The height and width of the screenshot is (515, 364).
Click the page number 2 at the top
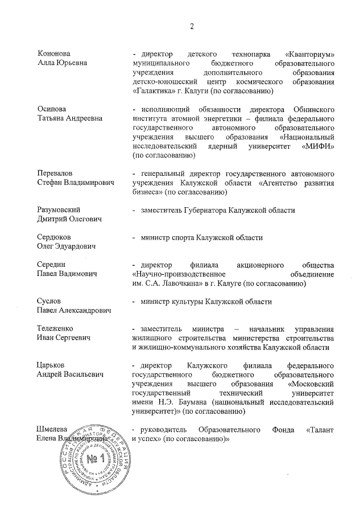point(192,26)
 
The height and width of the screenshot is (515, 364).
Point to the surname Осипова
point(50,109)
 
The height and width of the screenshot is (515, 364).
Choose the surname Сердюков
point(53,236)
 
